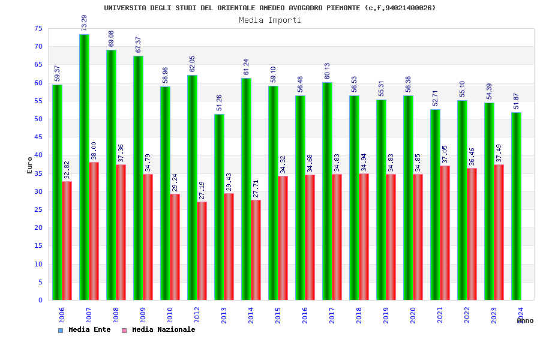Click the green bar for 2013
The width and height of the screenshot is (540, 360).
tap(219, 207)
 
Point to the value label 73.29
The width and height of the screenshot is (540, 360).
tap(85, 23)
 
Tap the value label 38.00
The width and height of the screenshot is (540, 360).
tap(94, 151)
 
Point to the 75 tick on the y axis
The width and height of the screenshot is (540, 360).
tap(38, 28)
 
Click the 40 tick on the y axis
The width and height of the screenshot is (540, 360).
tap(38, 155)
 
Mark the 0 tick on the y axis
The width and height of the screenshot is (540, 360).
tap(40, 300)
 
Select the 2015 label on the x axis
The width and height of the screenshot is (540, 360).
tap(278, 316)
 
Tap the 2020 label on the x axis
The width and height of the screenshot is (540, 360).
tap(413, 316)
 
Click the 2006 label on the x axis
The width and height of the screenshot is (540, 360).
tap(62, 316)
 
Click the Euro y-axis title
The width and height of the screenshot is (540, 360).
tap(30, 165)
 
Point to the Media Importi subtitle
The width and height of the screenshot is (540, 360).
tap(270, 20)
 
